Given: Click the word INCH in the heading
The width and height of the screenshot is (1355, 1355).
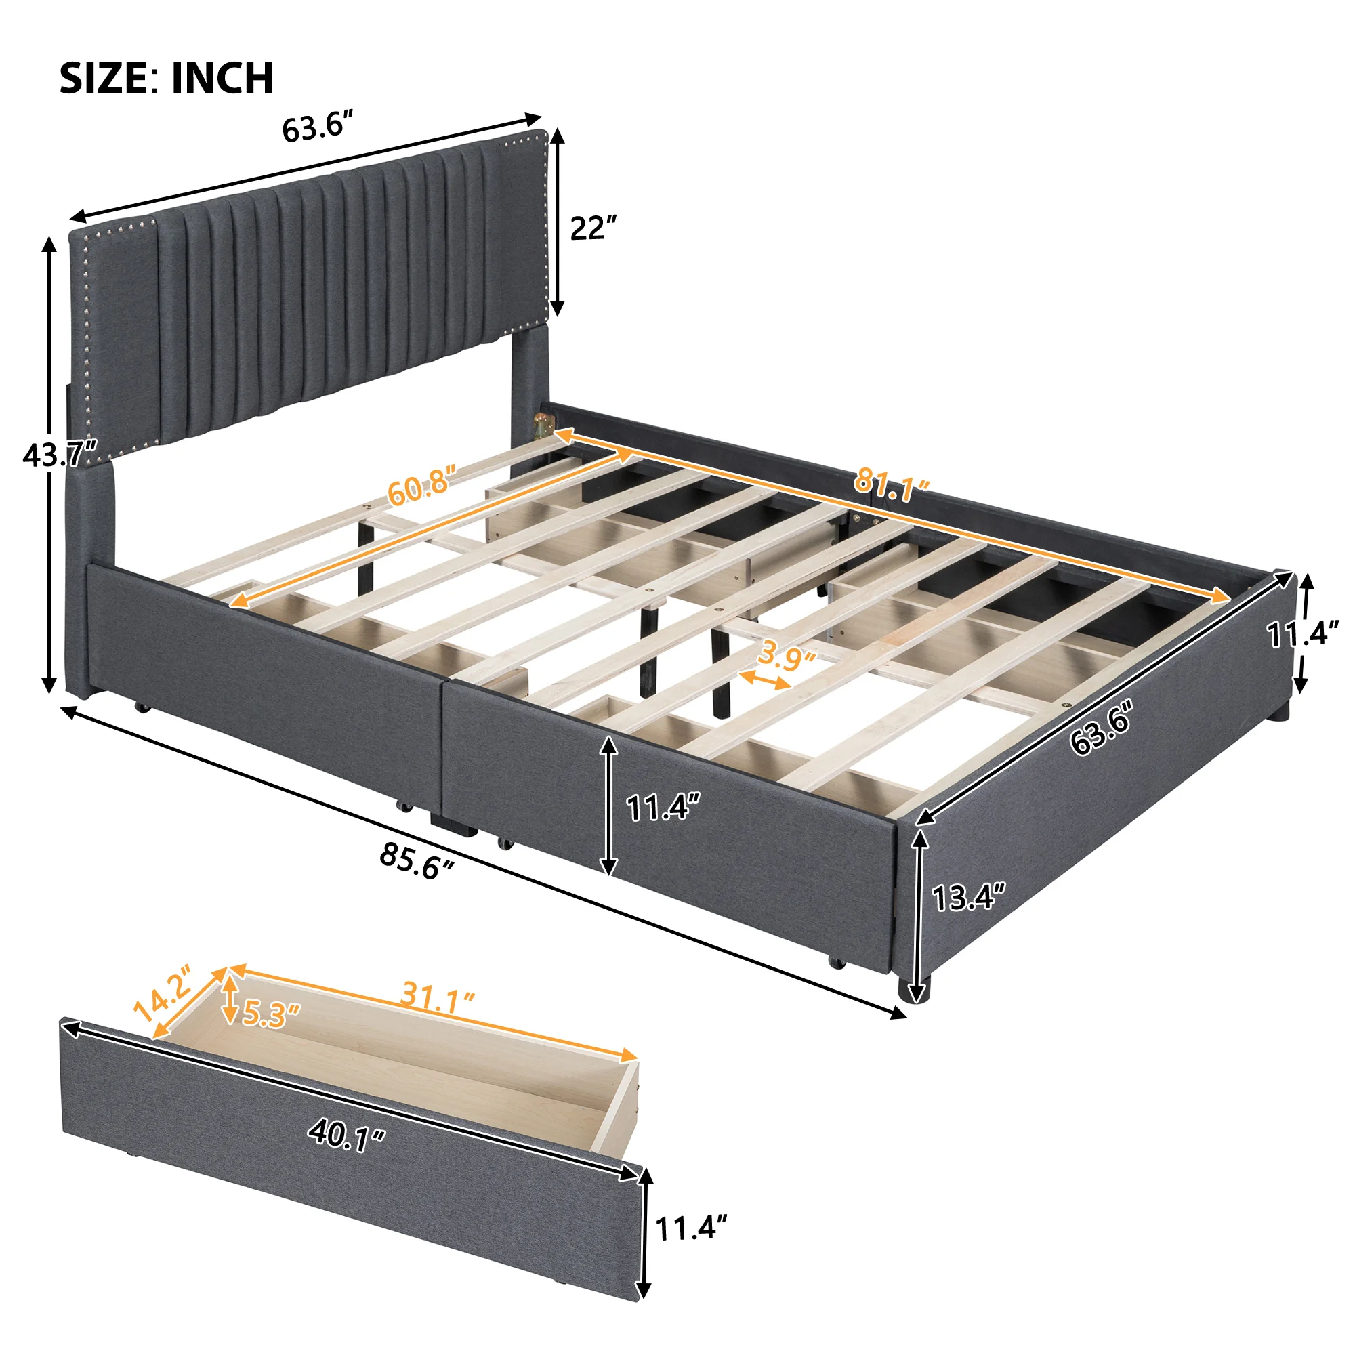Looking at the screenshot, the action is [222, 77].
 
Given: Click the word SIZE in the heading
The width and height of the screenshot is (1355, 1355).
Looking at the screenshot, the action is [103, 77].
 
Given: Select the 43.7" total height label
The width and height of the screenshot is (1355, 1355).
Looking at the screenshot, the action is [60, 457].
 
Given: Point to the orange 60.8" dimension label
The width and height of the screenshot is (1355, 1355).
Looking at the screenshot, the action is [421, 483].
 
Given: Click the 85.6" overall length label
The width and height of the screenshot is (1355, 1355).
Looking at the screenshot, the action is [417, 860].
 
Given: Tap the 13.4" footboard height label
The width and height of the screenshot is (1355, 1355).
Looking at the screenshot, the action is [969, 897].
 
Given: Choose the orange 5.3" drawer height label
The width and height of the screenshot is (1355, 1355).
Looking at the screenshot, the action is [271, 1014].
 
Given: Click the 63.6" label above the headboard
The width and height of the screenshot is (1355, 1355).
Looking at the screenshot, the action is [316, 127].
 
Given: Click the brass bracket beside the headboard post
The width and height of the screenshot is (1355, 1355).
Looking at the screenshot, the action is [542, 425].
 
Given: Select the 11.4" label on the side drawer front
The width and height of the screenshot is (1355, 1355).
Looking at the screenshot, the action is [663, 809].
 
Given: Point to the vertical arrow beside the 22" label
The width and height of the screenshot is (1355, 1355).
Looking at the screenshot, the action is [557, 222].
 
